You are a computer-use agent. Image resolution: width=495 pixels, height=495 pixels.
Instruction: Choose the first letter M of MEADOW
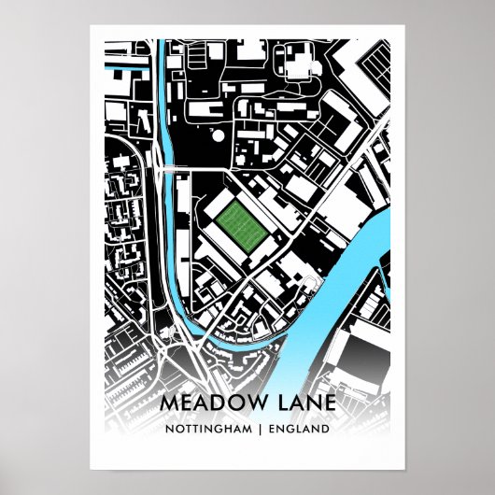click(x=169, y=402)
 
